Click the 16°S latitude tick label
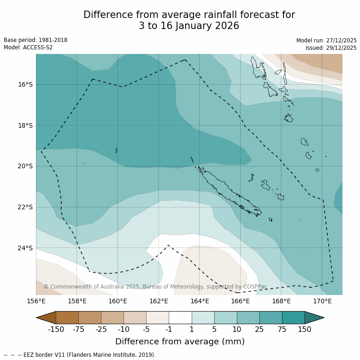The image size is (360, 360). tap(25, 84)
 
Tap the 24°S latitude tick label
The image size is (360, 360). tap(25, 248)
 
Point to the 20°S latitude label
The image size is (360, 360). tap(25, 166)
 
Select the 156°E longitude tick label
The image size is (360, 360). tap(36, 301)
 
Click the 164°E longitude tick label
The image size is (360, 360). tap(200, 301)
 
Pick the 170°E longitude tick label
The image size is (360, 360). tap(322, 301)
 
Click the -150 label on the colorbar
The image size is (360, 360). tap(56, 329)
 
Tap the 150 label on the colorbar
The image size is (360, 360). tap(305, 329)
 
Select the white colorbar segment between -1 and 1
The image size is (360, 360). tap(180, 318)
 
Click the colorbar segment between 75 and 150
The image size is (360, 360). tap(293, 318)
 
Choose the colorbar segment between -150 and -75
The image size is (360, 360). tap(67, 318)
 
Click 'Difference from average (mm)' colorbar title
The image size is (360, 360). tap(180, 342)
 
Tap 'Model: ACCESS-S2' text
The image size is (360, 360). tap(28, 47)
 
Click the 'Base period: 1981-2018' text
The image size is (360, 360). tap(35, 40)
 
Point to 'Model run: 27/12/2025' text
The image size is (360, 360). tap(326, 41)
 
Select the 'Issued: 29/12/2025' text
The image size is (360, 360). tap(331, 48)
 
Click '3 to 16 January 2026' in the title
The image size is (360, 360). tap(189, 26)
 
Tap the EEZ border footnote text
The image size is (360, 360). tap(80, 355)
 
